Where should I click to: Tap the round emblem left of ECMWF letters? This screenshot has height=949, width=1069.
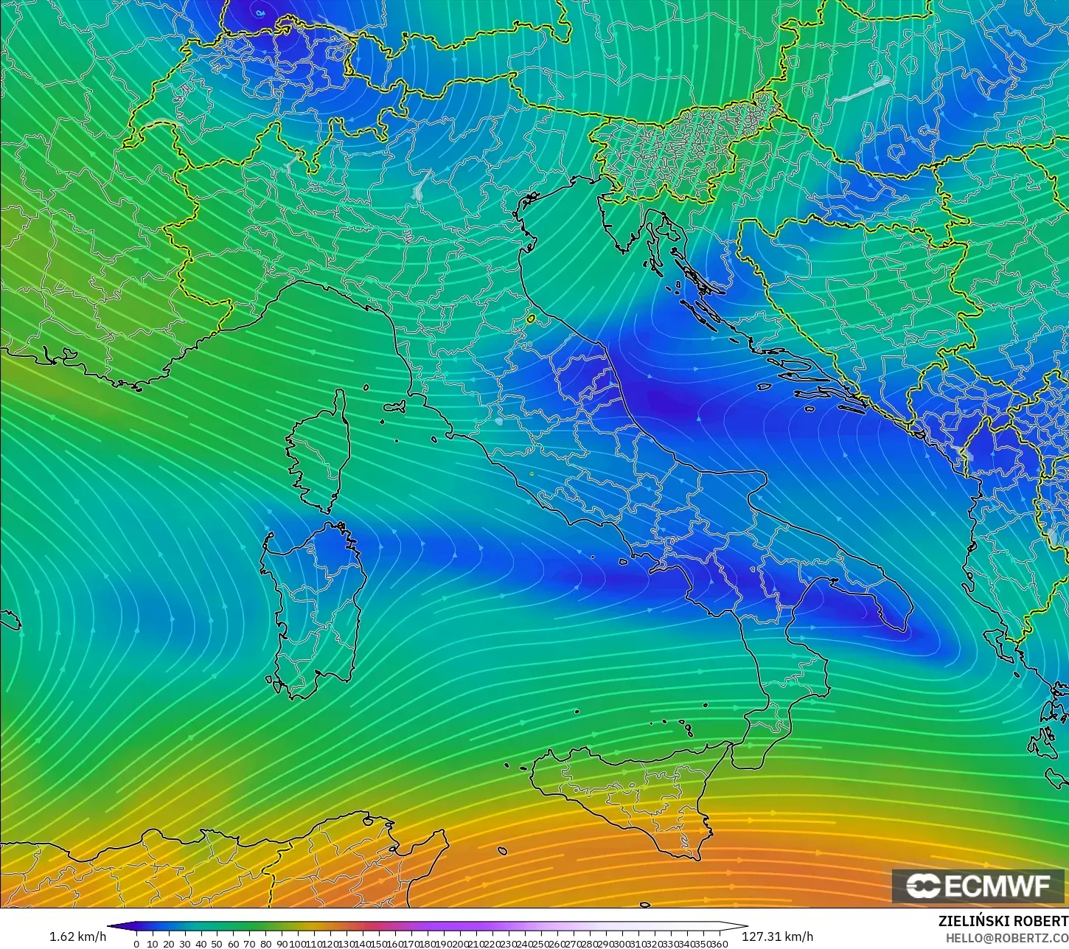click(922, 886)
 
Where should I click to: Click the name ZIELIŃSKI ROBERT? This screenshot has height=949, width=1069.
click(1003, 922)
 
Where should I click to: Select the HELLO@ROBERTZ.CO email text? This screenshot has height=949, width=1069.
click(1007, 938)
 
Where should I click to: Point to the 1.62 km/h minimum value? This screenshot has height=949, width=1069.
click(78, 936)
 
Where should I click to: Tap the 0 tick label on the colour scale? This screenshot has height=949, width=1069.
click(136, 944)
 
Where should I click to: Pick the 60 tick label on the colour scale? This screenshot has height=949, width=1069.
click(233, 944)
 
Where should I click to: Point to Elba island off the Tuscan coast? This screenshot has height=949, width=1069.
click(395, 406)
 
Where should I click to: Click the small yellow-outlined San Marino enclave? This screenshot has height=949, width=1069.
click(531, 319)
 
